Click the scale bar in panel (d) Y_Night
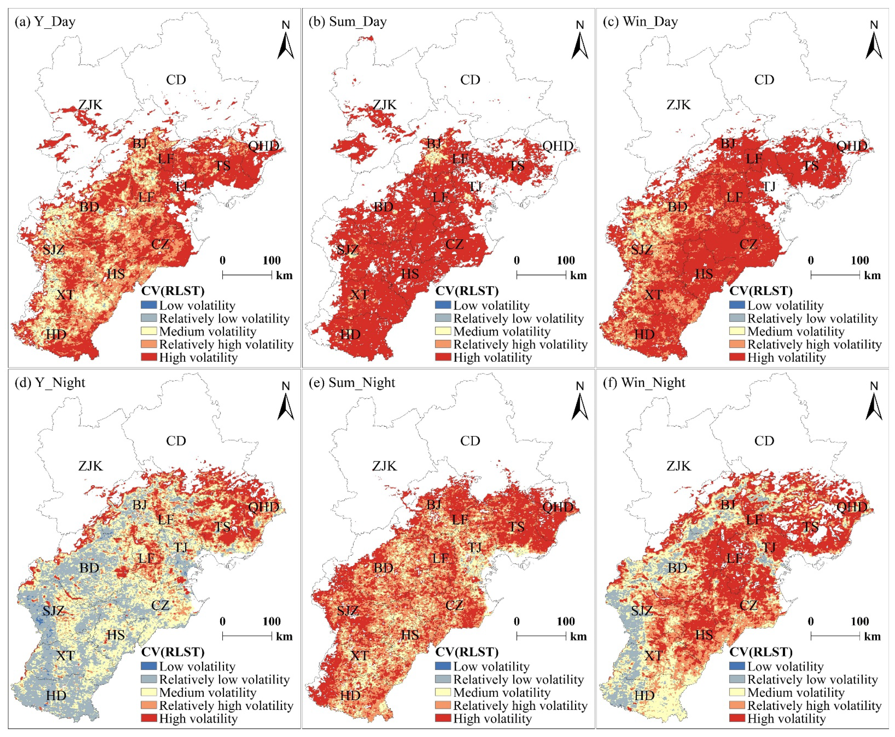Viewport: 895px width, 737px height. coord(247,635)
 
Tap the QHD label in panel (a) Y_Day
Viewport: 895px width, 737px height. coord(263,146)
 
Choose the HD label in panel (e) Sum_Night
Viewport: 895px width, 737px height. coord(350,696)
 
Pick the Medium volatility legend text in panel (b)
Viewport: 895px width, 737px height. coord(502,331)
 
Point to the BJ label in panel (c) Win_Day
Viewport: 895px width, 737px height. coord(728,143)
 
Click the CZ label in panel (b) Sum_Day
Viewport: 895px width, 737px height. coord(454,245)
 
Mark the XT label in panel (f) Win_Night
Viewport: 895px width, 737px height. coord(653,656)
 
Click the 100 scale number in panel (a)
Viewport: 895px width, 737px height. coord(272,260)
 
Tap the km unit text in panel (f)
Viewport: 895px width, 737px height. coord(872,636)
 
